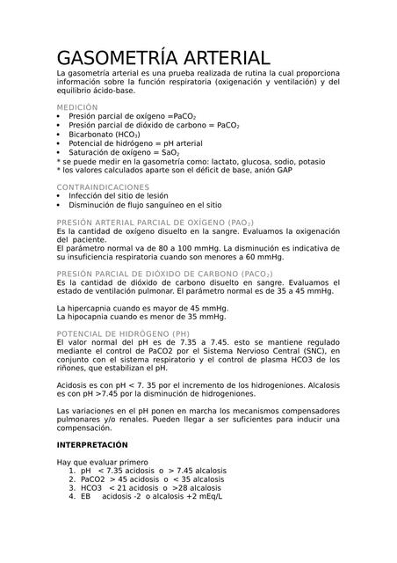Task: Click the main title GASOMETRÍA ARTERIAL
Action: pyautogui.click(x=163, y=55)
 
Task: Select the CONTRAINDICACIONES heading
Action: pyautogui.click(x=103, y=187)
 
